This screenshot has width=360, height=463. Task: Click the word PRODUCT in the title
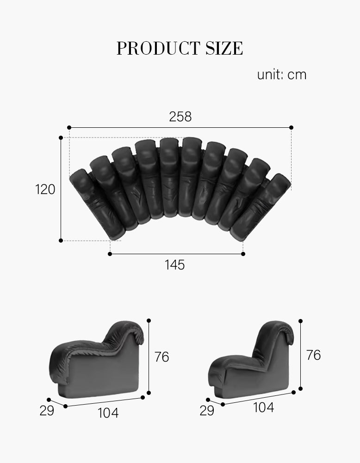[155, 49]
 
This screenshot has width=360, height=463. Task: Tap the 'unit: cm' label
[281, 75]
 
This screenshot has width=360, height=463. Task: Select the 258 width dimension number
[180, 117]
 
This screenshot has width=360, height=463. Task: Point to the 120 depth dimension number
[45, 189]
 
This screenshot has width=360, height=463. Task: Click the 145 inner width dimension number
[174, 265]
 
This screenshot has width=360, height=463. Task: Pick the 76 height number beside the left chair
[161, 357]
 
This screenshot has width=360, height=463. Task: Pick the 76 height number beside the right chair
[313, 355]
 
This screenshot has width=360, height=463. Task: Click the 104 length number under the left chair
[108, 413]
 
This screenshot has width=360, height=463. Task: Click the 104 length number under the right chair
[263, 407]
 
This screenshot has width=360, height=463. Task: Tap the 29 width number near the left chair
[46, 411]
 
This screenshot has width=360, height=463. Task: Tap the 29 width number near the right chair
[207, 411]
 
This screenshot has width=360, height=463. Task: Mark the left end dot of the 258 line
[69, 127]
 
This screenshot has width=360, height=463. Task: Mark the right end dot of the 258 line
[292, 127]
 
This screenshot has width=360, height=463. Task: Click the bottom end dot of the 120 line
[61, 240]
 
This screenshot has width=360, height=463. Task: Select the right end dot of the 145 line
[243, 254]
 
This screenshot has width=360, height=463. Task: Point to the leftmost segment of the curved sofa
[95, 204]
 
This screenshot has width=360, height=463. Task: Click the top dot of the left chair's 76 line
[149, 320]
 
